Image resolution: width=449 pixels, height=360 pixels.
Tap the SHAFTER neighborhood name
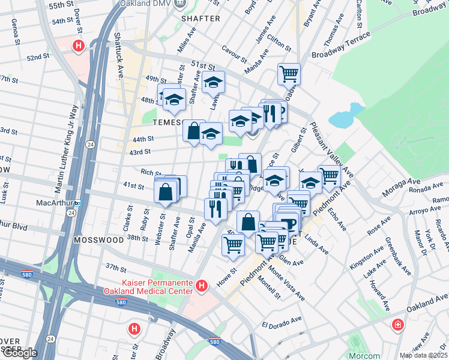point(200,19)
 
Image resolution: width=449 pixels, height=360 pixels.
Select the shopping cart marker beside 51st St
point(289,74)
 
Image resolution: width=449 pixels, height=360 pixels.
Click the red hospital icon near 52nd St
point(78,45)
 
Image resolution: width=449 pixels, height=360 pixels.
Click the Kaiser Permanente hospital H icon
point(202,286)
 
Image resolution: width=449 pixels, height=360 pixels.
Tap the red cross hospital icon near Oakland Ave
point(397,325)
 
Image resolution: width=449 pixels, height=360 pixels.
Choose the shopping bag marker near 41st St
point(166,192)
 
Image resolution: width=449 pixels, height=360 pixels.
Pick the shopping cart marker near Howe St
point(233,244)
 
